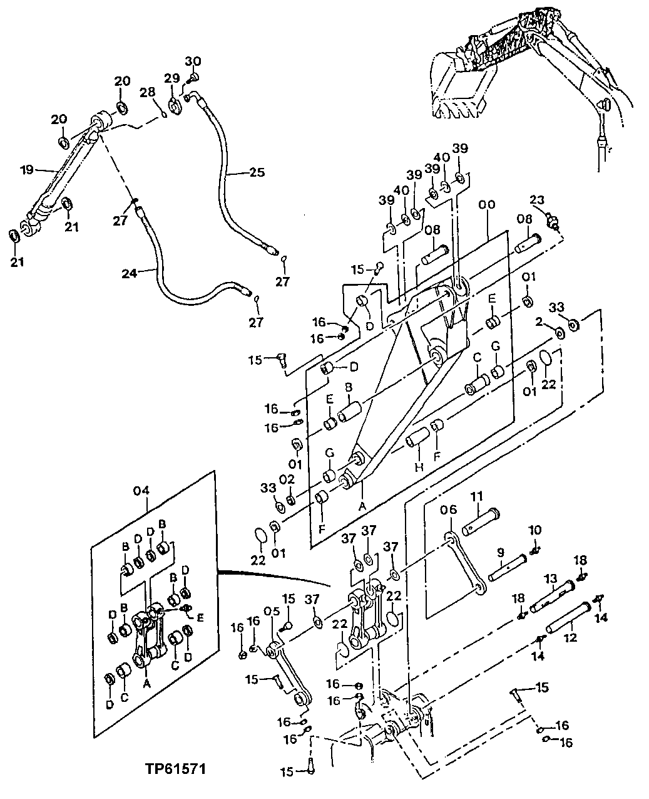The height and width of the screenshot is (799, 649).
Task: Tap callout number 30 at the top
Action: [193, 61]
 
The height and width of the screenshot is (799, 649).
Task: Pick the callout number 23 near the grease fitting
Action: [538, 201]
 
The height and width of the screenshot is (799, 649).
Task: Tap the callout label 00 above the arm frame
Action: [485, 204]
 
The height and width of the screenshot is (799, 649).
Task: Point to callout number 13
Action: [550, 578]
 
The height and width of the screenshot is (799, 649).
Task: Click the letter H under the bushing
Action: [418, 467]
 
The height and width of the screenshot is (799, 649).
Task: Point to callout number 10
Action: [535, 531]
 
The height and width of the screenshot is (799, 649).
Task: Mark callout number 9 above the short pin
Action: [501, 552]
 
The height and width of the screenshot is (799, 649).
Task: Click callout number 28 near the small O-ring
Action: [147, 93]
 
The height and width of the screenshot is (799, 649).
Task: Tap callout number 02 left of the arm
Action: [286, 479]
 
